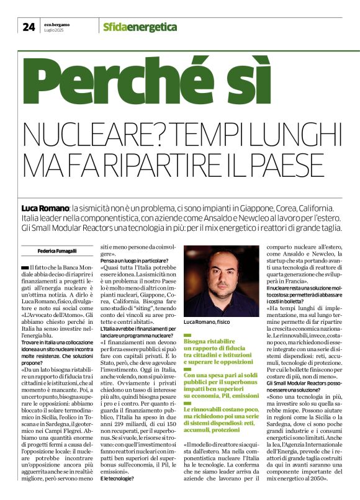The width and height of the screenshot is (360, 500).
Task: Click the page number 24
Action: pos(29,26)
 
